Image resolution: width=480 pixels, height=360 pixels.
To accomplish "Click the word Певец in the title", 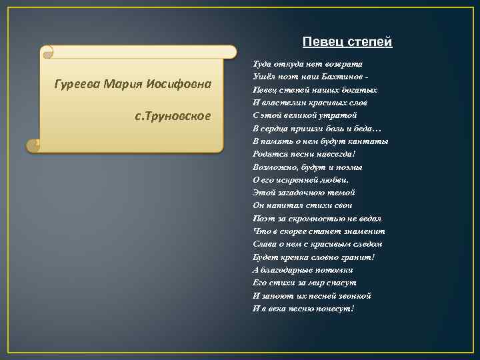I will [317, 42].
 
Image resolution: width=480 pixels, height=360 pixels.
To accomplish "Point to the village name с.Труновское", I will [173, 116].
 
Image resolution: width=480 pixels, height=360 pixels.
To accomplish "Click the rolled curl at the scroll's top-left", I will [46, 51].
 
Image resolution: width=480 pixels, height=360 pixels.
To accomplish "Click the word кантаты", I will [369, 141].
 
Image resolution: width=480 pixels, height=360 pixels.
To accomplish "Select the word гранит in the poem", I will [360, 257].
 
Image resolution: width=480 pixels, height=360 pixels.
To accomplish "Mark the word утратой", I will [339, 115].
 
